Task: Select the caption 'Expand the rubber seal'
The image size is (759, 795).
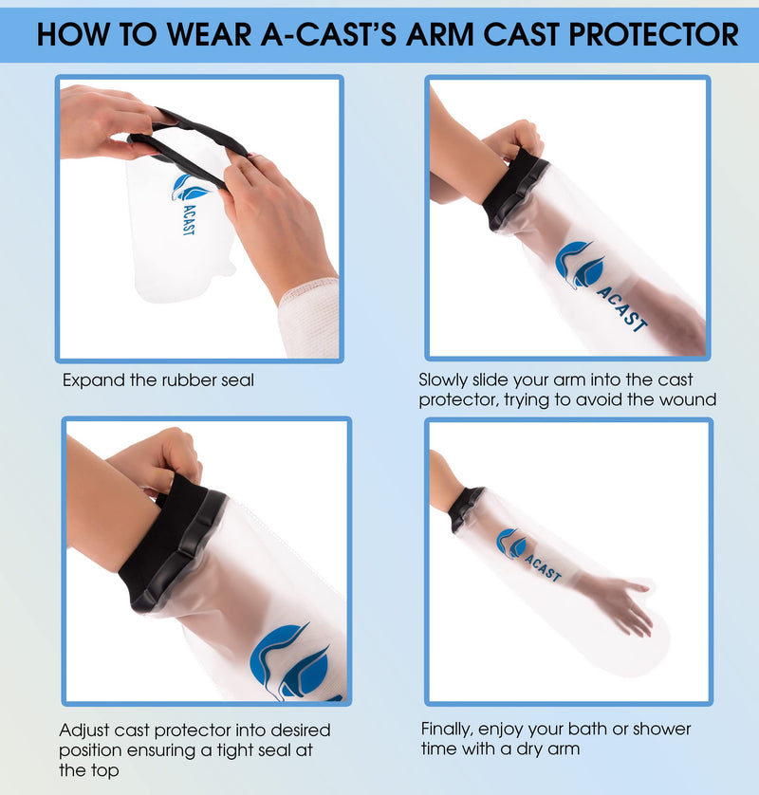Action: pyautogui.click(x=158, y=380)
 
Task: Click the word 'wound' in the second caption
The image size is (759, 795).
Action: pyautogui.click(x=684, y=400)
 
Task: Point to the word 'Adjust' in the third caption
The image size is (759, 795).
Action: pyautogui.click(x=86, y=730)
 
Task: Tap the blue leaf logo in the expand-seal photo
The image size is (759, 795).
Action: pyautogui.click(x=191, y=187)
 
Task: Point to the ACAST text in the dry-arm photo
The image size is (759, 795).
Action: pyautogui.click(x=542, y=562)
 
